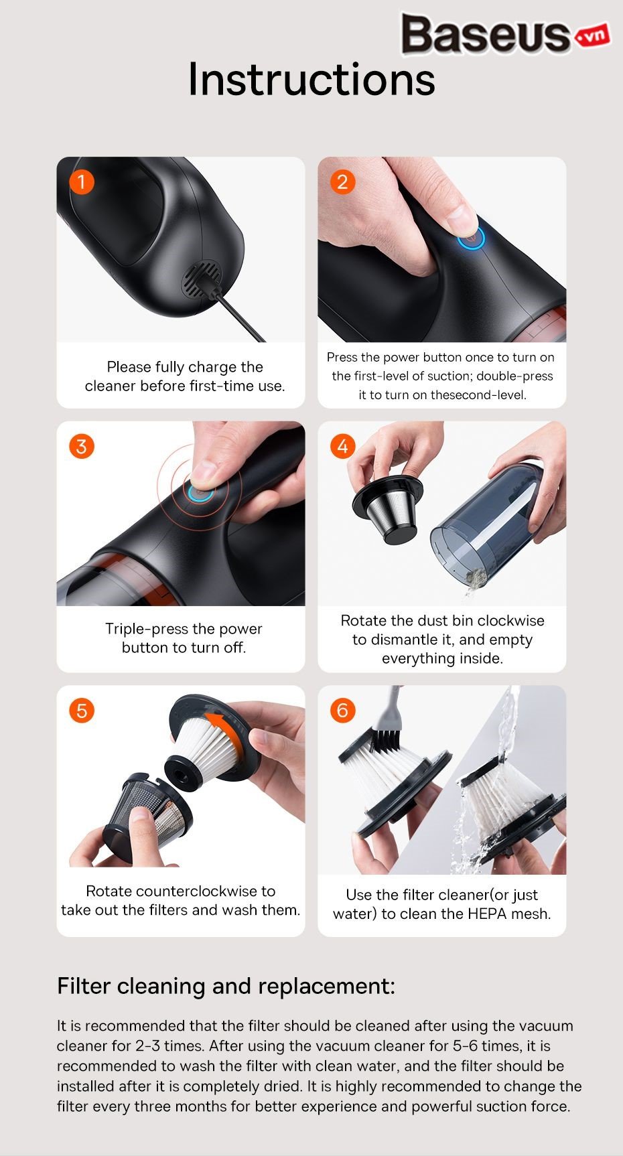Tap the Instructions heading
tap(311, 79)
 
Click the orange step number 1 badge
tap(82, 182)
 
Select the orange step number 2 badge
tap(343, 182)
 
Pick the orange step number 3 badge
tap(82, 447)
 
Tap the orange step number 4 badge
tap(343, 447)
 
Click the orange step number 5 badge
tap(82, 711)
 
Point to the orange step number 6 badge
tap(343, 711)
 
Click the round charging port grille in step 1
tap(202, 281)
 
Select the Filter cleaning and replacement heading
tap(226, 987)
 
